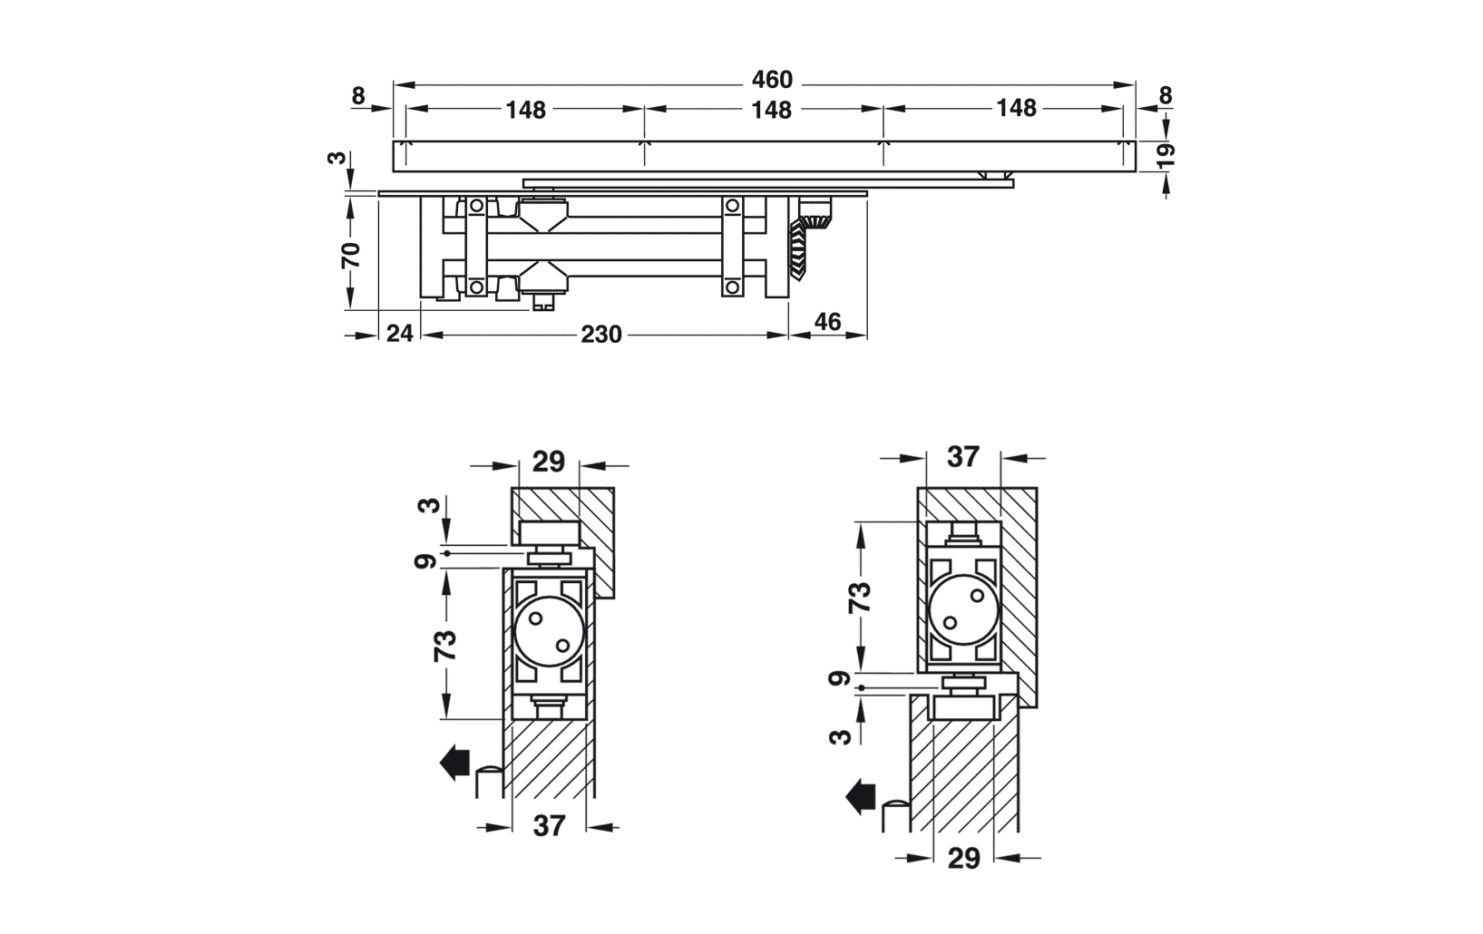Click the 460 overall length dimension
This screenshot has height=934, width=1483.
pyautogui.click(x=772, y=80)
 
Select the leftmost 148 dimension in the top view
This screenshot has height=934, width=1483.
pyautogui.click(x=526, y=110)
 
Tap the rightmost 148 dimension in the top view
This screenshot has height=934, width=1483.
pyautogui.click(x=1016, y=108)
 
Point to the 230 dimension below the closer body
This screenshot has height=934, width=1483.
pyautogui.click(x=601, y=335)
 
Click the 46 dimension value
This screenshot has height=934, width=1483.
pyautogui.click(x=827, y=322)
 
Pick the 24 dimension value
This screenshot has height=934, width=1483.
pyautogui.click(x=400, y=334)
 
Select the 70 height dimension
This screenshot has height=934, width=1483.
pyautogui.click(x=351, y=255)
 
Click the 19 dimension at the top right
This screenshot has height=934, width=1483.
pyautogui.click(x=1166, y=154)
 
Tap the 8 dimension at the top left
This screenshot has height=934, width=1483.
pyautogui.click(x=358, y=97)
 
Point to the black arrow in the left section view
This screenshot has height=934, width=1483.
pyautogui.click(x=454, y=763)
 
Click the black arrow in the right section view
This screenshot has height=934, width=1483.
pyautogui.click(x=861, y=796)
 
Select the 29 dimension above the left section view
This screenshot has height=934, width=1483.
pyautogui.click(x=548, y=462)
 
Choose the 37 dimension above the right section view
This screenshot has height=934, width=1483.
pyautogui.click(x=962, y=457)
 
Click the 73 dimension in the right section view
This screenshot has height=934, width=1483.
pyautogui.click(x=860, y=597)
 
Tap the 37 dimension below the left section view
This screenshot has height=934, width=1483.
pyautogui.click(x=550, y=826)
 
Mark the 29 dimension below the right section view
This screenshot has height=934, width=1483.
pyautogui.click(x=963, y=859)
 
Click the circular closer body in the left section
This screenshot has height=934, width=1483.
pyautogui.click(x=550, y=631)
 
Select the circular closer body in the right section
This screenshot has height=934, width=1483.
pyautogui.click(x=963, y=609)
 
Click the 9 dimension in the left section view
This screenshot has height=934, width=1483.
pyautogui.click(x=425, y=561)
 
